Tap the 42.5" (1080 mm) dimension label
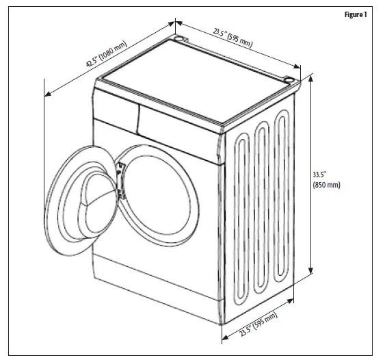[x=106, y=55]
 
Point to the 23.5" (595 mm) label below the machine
[x=258, y=327]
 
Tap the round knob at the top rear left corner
[x=181, y=40]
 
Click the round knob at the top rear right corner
[x=292, y=82]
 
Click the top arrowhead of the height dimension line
[x=311, y=75]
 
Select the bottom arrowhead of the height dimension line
[x=311, y=272]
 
